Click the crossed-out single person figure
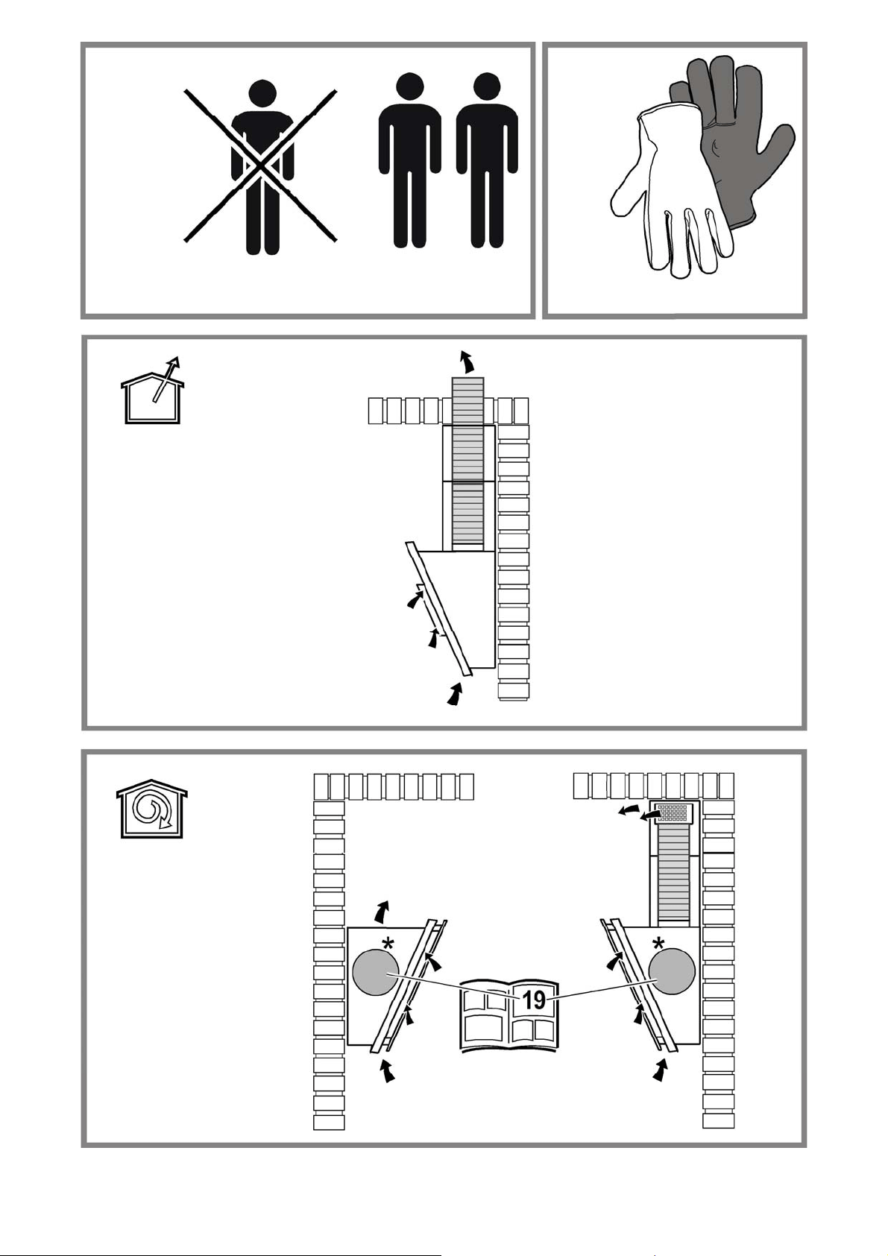262,168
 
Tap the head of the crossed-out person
262,95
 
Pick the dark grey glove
735,140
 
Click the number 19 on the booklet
534,999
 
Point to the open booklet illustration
508,1015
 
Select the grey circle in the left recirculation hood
375,971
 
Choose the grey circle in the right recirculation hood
672,971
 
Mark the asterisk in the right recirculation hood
658,944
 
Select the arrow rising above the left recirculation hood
382,912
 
